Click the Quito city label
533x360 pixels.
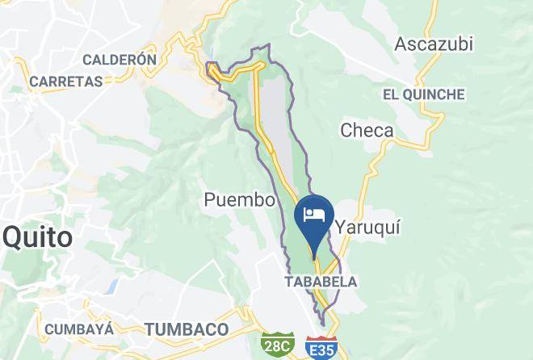[37, 237]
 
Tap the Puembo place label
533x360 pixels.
[240, 199]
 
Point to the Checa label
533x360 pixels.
[367, 130]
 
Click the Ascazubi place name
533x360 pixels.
[433, 44]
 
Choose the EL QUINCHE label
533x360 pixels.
[424, 94]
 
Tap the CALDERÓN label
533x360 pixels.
[119, 59]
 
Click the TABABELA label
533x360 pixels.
[321, 282]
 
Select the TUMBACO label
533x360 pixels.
[187, 329]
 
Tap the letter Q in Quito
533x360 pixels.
[14, 237]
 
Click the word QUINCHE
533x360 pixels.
[434, 94]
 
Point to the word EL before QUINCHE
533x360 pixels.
[391, 94]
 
